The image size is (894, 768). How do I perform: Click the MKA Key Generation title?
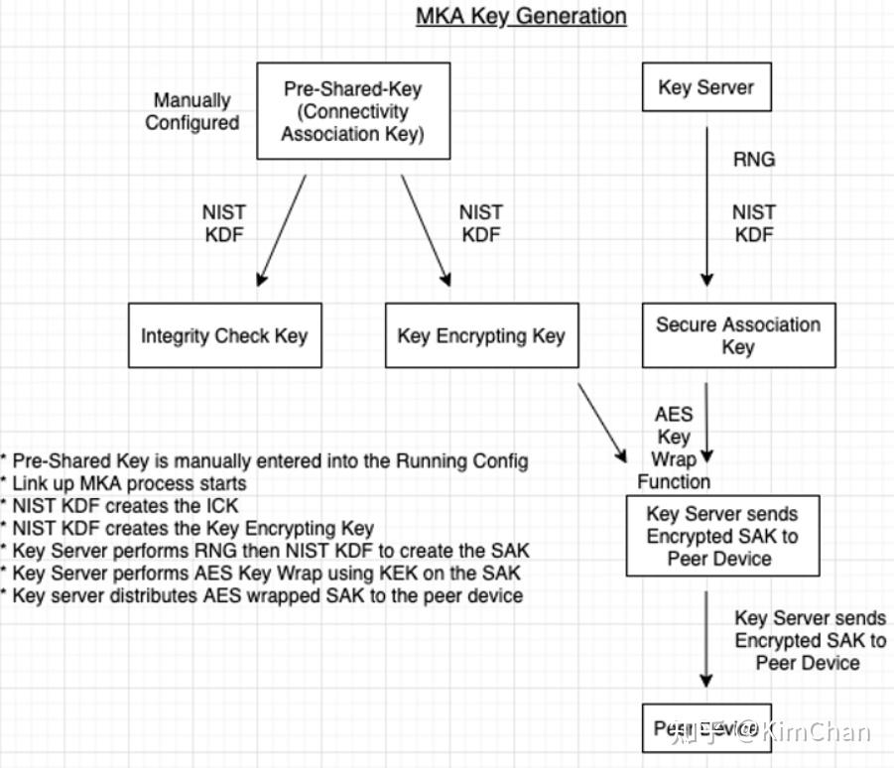tap(521, 17)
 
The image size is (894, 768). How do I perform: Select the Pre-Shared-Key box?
tap(352, 110)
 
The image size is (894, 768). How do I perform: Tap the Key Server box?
tap(706, 87)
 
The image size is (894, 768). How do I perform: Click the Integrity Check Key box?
tap(224, 335)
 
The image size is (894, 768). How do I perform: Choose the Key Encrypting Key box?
tap(480, 335)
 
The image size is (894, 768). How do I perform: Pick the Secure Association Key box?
tap(737, 335)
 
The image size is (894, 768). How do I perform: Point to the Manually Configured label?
tap(192, 111)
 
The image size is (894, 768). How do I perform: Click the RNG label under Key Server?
tap(753, 159)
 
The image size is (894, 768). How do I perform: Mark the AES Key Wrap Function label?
tap(674, 448)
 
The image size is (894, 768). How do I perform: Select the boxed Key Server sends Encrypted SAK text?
tap(721, 536)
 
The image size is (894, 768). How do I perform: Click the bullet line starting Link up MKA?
tap(123, 483)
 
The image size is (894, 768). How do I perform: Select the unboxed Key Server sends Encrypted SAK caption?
tap(809, 640)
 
